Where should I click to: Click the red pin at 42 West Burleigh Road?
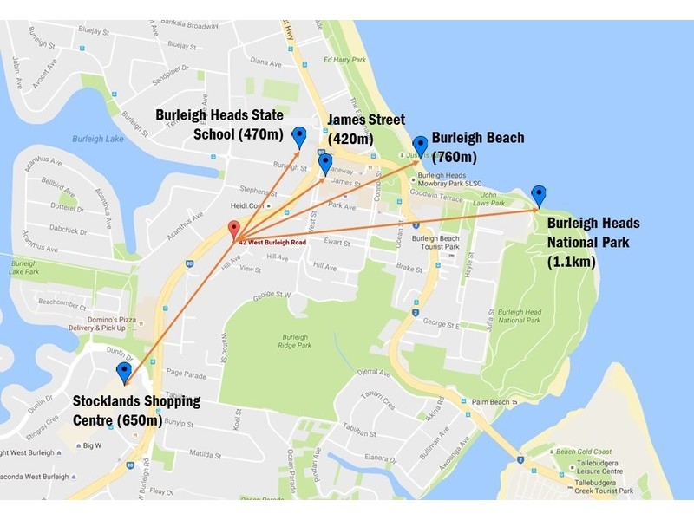pyautogui.click(x=233, y=230)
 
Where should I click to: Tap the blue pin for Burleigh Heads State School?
pyautogui.click(x=299, y=136)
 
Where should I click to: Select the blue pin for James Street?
pyautogui.click(x=325, y=163)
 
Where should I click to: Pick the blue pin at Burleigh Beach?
pyautogui.click(x=420, y=145)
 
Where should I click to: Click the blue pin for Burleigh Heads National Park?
pyautogui.click(x=539, y=195)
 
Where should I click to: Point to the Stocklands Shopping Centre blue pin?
pyautogui.click(x=123, y=373)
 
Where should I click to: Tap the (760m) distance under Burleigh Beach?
pyautogui.click(x=455, y=157)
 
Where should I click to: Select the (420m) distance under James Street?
pyautogui.click(x=350, y=140)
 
